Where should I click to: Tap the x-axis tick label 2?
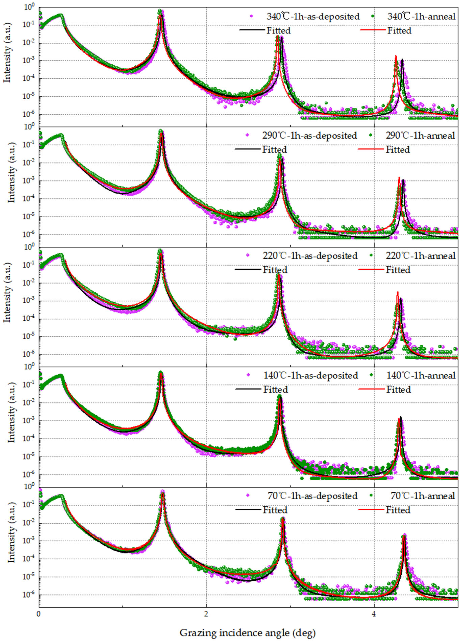tap(206, 614)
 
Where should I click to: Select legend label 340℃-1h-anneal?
tap(421, 16)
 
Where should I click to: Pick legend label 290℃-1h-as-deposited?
tap(310, 136)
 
